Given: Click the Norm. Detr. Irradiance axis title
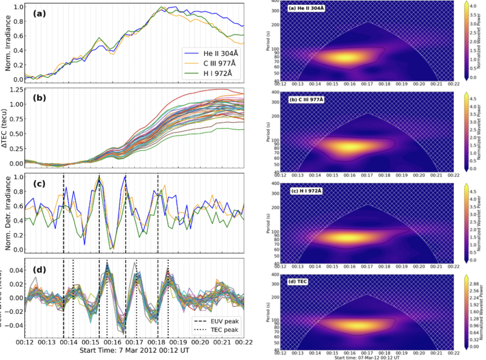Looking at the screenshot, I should [x=8, y=213].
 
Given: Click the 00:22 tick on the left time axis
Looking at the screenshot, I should [x=244, y=342].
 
